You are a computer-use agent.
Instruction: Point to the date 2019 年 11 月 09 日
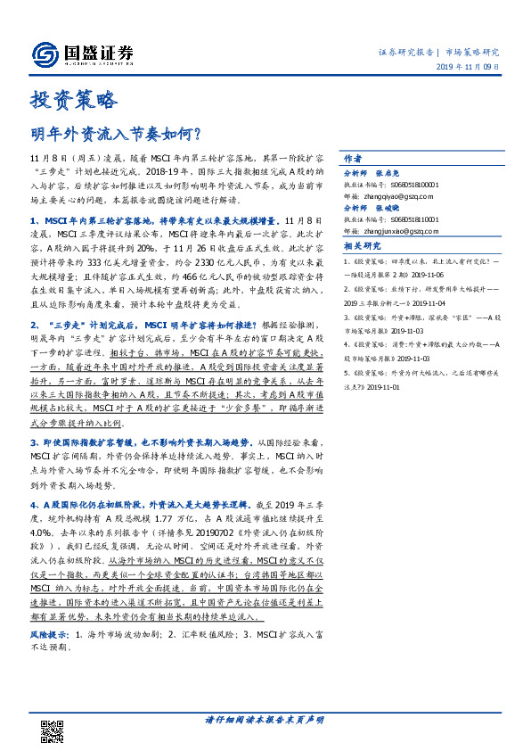point(475,67)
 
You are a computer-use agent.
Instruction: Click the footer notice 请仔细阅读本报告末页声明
point(265,719)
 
